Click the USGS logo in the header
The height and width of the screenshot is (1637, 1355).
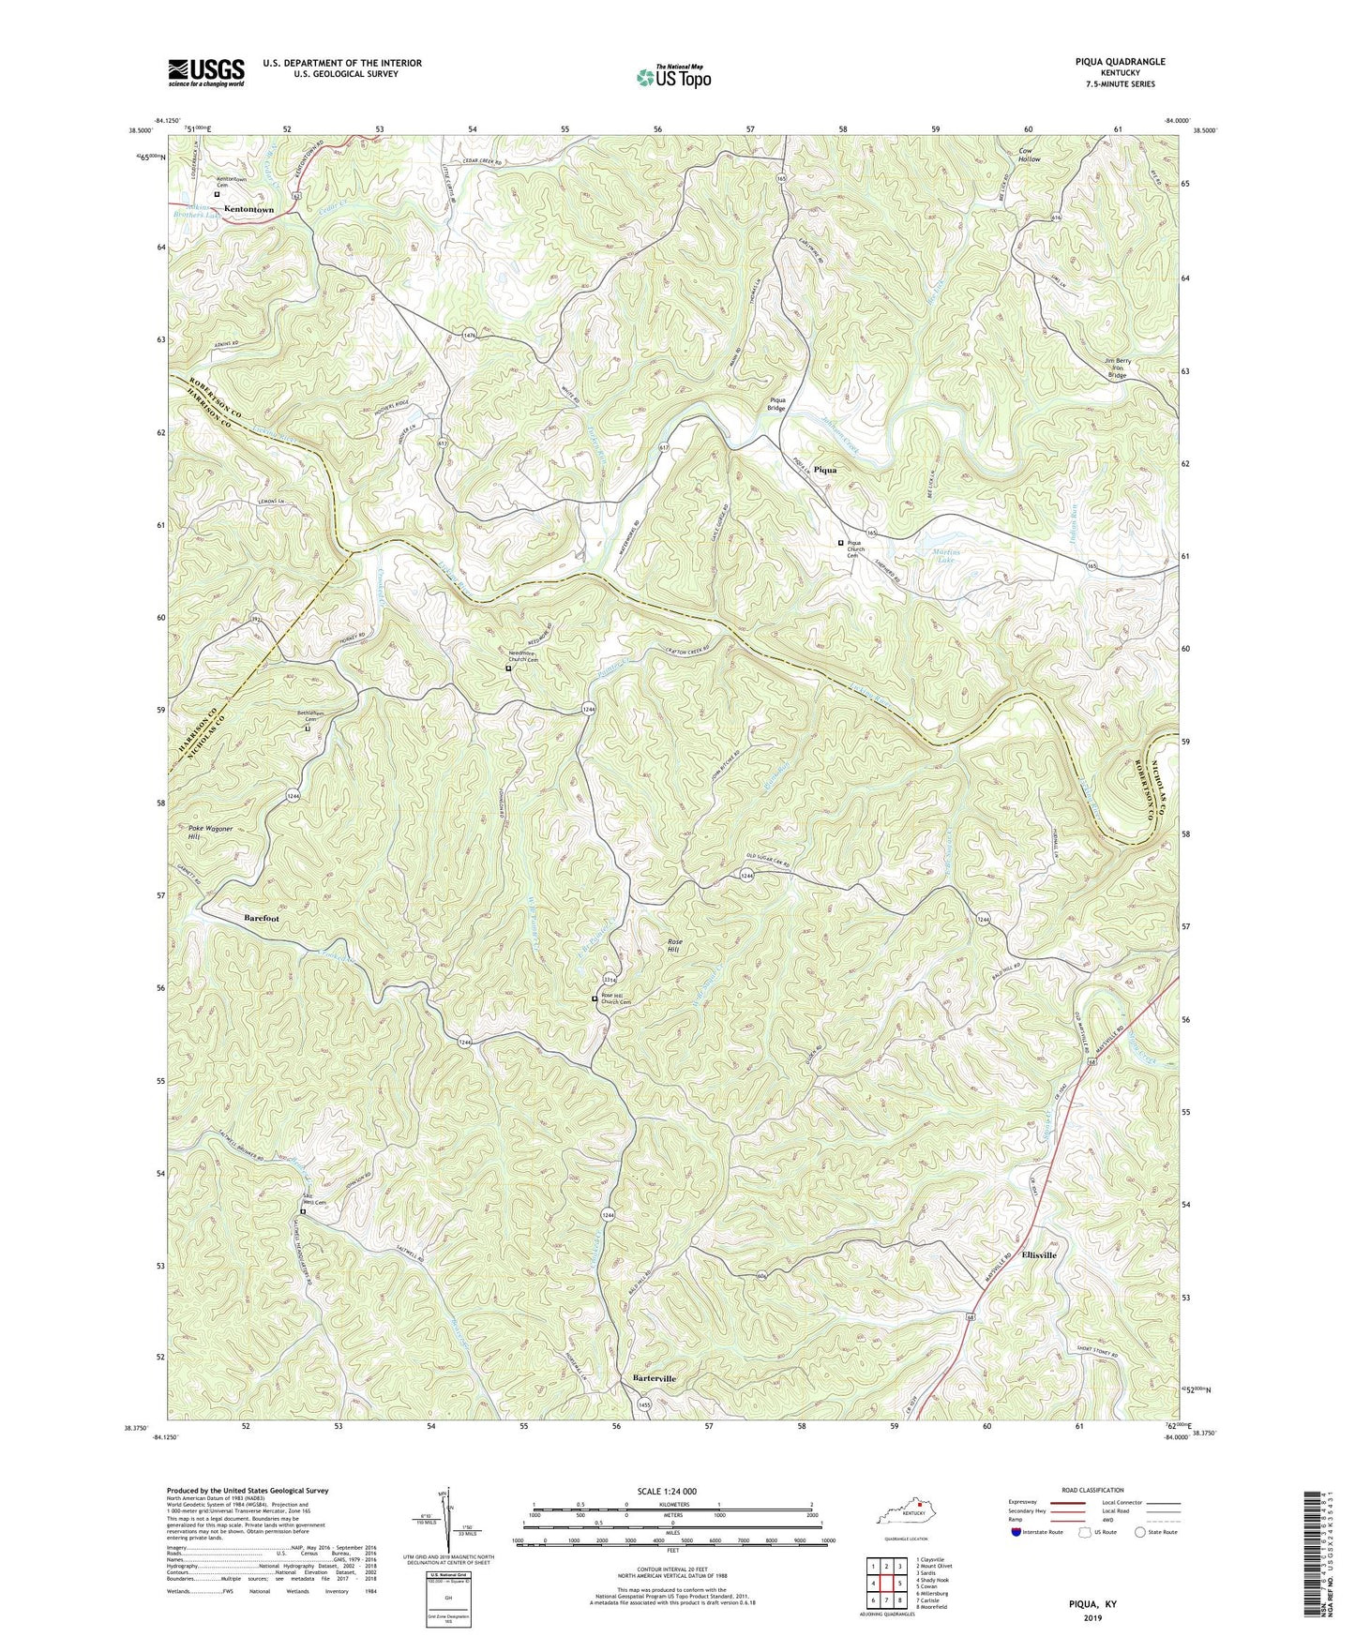[x=206, y=71]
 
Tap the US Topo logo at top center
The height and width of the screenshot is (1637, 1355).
[x=672, y=77]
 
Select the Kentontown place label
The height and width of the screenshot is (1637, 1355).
[x=248, y=209]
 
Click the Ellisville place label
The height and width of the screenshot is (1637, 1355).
[x=1032, y=1254]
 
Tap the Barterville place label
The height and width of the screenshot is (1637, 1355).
[x=648, y=1378]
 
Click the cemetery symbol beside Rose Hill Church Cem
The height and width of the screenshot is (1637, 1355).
[x=595, y=999]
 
